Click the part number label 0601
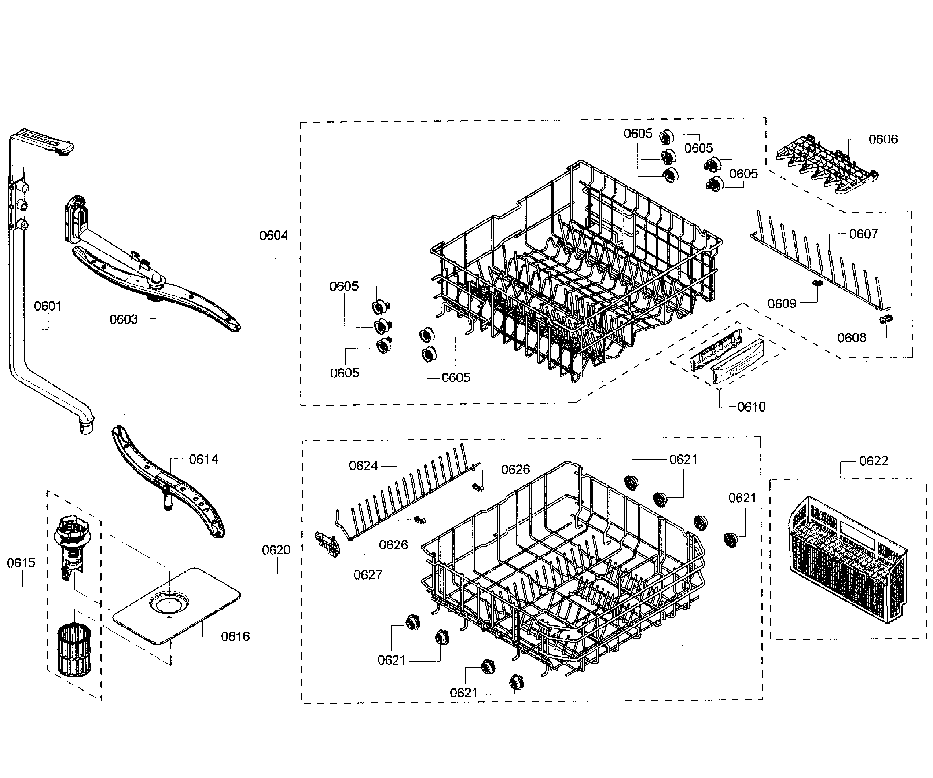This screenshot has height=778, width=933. point(48,306)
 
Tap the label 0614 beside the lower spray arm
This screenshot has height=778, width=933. point(203,459)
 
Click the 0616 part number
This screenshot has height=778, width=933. point(235,637)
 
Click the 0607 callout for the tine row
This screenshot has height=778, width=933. point(863,234)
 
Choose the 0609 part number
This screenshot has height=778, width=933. point(782,304)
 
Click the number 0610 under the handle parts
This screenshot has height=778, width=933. point(751,407)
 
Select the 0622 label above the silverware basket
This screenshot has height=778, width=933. point(873,461)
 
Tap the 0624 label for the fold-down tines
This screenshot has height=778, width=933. point(363,465)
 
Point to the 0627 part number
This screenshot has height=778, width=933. point(367,575)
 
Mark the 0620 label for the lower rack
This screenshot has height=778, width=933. point(276,550)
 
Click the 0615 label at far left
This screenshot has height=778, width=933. point(21,563)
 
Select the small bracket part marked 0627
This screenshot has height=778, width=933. point(327,544)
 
